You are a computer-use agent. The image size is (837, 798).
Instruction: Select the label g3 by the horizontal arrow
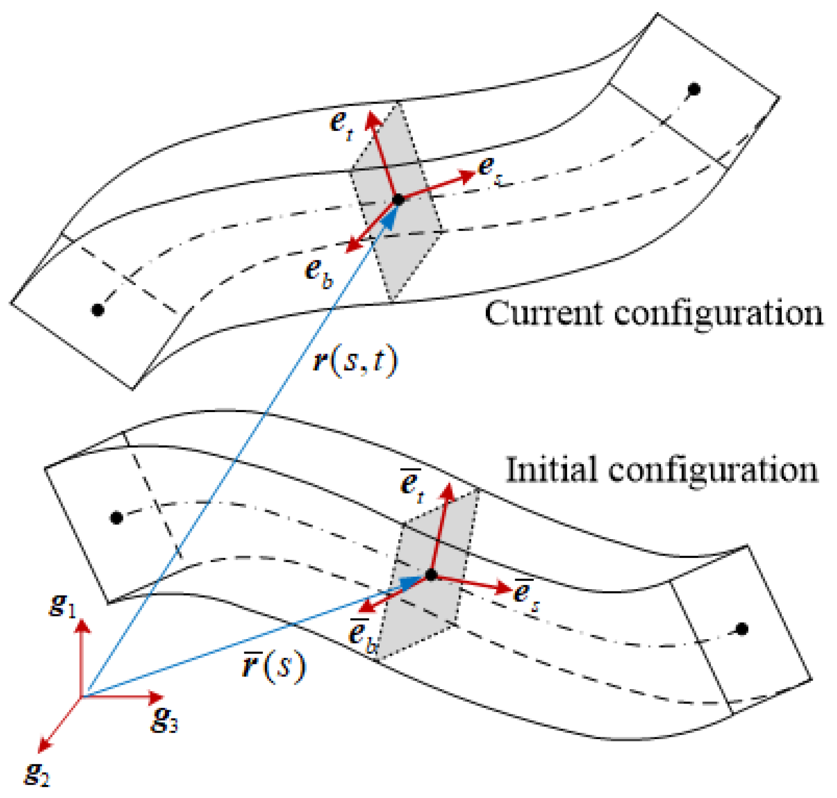click(164, 720)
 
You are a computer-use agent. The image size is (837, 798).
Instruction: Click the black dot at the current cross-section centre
click(398, 200)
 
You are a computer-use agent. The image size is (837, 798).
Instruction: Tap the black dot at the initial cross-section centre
click(431, 575)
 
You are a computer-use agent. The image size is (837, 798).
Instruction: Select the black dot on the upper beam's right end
click(695, 89)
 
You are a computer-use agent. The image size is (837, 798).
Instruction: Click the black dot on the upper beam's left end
click(98, 309)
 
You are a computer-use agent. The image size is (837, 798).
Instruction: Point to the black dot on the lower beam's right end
click(742, 629)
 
